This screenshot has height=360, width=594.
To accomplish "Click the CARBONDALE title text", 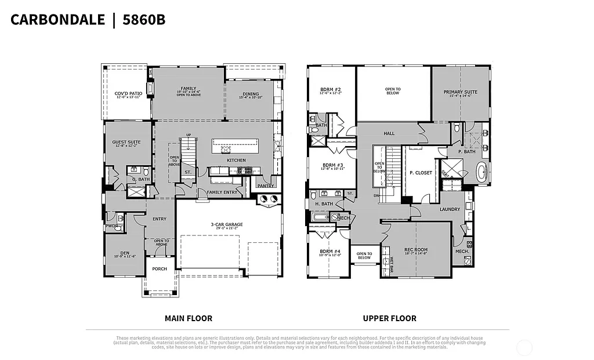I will [x=57, y=20].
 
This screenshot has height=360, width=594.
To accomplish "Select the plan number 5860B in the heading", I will [x=143, y=20].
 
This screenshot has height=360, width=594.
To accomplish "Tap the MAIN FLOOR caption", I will [x=188, y=318].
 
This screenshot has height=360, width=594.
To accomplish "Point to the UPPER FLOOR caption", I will [x=389, y=318].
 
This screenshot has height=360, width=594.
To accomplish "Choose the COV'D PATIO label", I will [x=128, y=93].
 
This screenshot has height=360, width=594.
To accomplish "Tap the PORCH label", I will [x=160, y=269].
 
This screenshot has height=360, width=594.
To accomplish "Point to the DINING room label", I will [x=251, y=94].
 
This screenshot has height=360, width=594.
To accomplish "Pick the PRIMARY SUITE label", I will [x=460, y=92].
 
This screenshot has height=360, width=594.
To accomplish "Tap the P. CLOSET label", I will [x=421, y=173].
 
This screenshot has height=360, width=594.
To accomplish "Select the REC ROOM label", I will [x=415, y=250].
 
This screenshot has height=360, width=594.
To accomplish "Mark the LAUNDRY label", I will [x=449, y=209].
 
